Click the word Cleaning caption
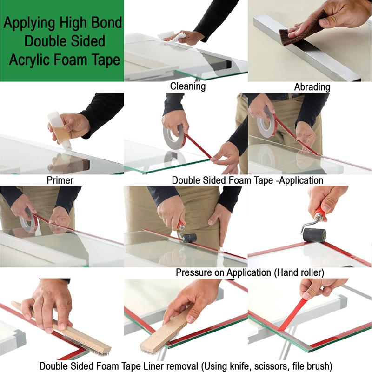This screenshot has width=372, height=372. coord(187,86)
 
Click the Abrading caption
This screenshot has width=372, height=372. coord(312,87)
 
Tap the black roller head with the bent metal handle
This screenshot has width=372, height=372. coord(314,235)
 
